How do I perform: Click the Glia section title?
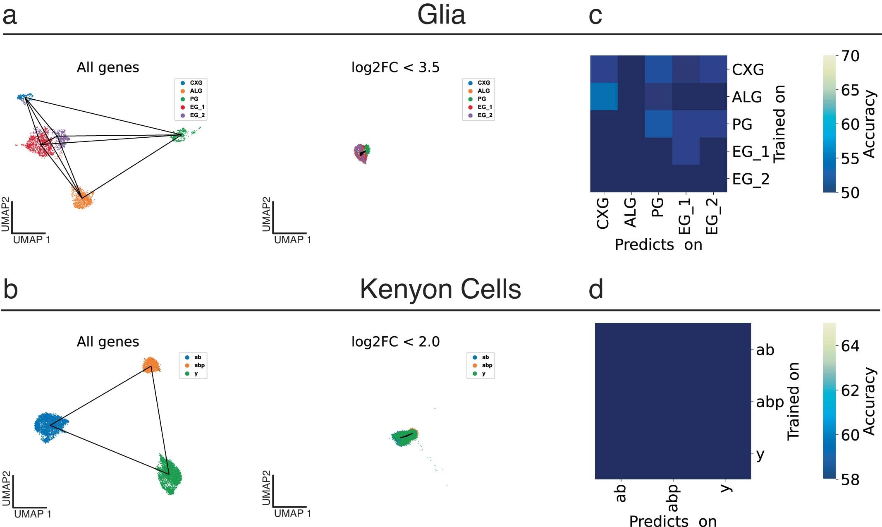[x=441, y=15]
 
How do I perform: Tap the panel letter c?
[x=595, y=16]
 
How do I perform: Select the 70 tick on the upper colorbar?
[x=850, y=56]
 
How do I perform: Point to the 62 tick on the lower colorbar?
[x=850, y=390]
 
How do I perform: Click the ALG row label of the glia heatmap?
[x=747, y=97]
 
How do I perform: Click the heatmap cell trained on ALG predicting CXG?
[x=604, y=96]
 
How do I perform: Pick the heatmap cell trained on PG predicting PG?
[x=658, y=124]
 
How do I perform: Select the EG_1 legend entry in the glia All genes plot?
[x=197, y=107]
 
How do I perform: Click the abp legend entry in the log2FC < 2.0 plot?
[x=487, y=365]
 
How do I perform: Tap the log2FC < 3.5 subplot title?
[x=395, y=67]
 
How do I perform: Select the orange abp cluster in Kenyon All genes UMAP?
[x=151, y=364]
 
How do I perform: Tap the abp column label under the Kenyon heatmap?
[x=673, y=498]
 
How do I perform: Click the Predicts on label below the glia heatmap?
[x=658, y=245]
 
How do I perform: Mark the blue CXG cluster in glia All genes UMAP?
[x=25, y=97]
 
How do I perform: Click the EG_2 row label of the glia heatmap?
[x=751, y=179]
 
